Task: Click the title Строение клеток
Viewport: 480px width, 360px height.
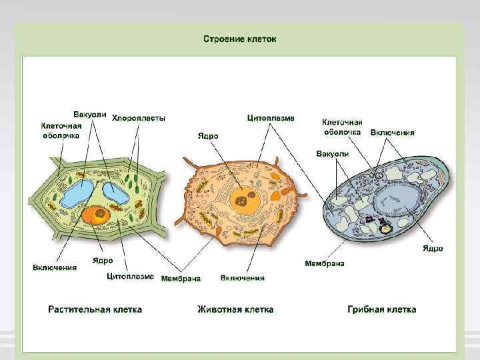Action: coord(239,39)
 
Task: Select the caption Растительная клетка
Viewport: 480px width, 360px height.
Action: coord(95,309)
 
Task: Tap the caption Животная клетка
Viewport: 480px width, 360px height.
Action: coord(235,309)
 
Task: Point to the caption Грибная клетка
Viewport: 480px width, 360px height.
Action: coord(382,309)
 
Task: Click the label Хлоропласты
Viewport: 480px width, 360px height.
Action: coord(139,118)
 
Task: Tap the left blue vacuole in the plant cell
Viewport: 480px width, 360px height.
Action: coord(77,193)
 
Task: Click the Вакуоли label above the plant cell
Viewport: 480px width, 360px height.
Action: coord(89,114)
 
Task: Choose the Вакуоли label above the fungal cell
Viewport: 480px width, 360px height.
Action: coord(332,153)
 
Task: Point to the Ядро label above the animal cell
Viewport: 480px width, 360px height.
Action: coord(207,136)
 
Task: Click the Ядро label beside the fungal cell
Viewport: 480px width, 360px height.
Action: coord(432,249)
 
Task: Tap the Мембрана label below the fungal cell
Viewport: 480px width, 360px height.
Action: coord(324,263)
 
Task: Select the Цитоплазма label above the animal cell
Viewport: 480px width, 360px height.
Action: coord(270,118)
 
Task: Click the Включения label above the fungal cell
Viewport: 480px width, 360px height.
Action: coord(392,132)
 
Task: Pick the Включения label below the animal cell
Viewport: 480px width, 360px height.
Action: coord(242,278)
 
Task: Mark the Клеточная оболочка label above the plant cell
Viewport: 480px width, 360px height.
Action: coord(61,130)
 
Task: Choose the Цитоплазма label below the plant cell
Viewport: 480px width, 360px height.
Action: coord(131,276)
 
